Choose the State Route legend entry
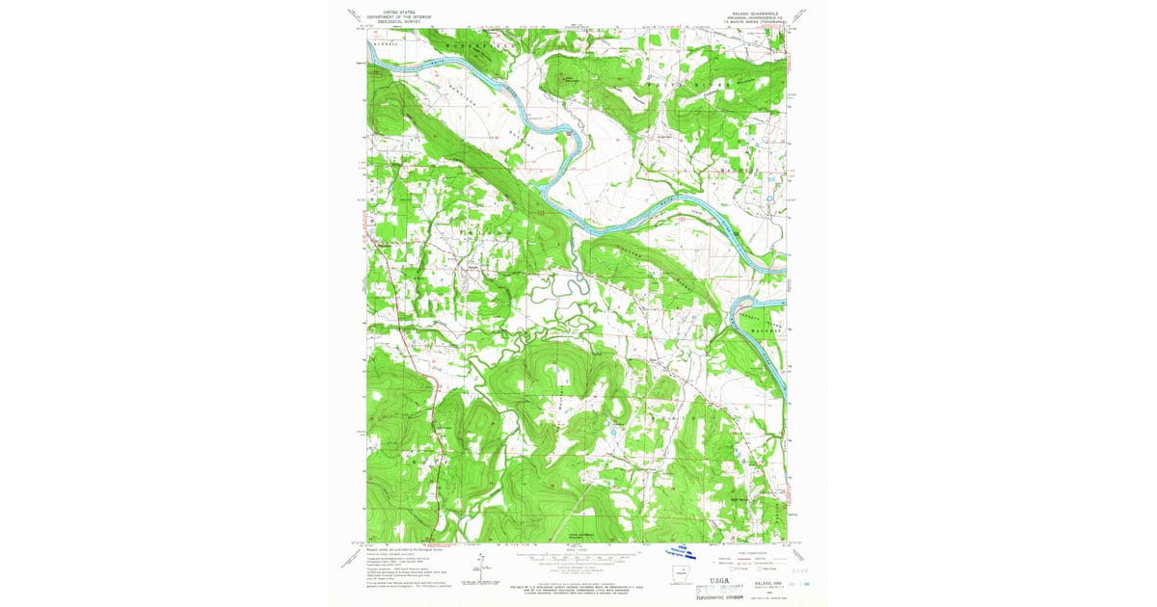click(767, 567)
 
